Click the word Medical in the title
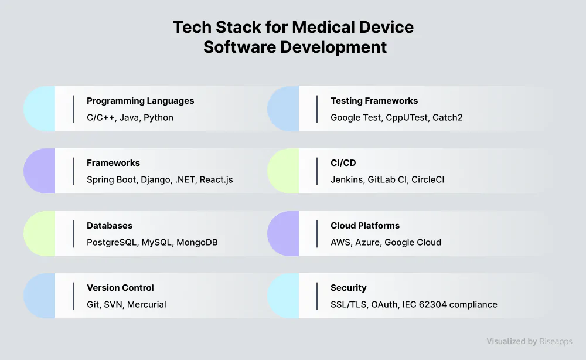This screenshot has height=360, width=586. pyautogui.click(x=323, y=28)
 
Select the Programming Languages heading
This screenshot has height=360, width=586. pyautogui.click(x=140, y=101)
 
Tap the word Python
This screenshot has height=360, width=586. pyautogui.click(x=158, y=118)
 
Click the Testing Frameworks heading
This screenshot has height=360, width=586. pyautogui.click(x=374, y=101)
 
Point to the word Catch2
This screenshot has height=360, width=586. pyautogui.click(x=447, y=118)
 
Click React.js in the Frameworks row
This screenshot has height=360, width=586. pyautogui.click(x=216, y=180)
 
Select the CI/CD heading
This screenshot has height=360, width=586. pyautogui.click(x=343, y=163)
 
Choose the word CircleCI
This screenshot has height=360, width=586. pyautogui.click(x=428, y=180)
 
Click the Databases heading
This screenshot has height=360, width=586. pyautogui.click(x=110, y=226)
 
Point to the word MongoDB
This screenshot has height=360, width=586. pyautogui.click(x=197, y=243)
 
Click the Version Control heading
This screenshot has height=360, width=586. pyautogui.click(x=120, y=288)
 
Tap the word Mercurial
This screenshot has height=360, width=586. pyautogui.click(x=146, y=305)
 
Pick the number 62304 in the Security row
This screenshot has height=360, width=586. pyautogui.click(x=433, y=305)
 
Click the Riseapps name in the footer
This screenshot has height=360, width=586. pyautogui.click(x=556, y=341)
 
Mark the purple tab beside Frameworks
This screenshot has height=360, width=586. pyautogui.click(x=40, y=171)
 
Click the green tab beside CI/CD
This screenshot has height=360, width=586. pyautogui.click(x=283, y=171)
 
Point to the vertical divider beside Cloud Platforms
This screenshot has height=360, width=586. pyautogui.click(x=317, y=234)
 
